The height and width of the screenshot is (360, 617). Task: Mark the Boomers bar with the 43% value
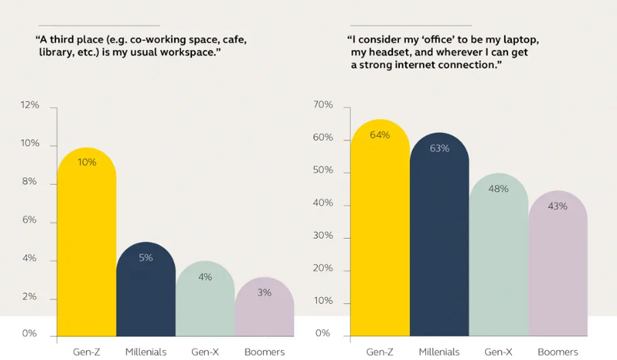point(558,269)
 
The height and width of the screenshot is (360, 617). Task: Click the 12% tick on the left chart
point(30,105)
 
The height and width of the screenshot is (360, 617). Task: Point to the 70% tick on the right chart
point(322,105)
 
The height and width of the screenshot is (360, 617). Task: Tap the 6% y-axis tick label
point(30,220)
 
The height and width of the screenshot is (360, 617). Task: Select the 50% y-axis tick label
point(322,170)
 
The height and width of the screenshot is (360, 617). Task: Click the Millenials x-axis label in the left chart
point(146,352)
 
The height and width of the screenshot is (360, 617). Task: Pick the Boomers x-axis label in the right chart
point(558,352)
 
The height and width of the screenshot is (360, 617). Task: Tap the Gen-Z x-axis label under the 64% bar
point(379,352)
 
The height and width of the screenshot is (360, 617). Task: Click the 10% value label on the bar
point(87,162)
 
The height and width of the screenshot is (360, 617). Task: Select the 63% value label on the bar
point(439,148)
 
